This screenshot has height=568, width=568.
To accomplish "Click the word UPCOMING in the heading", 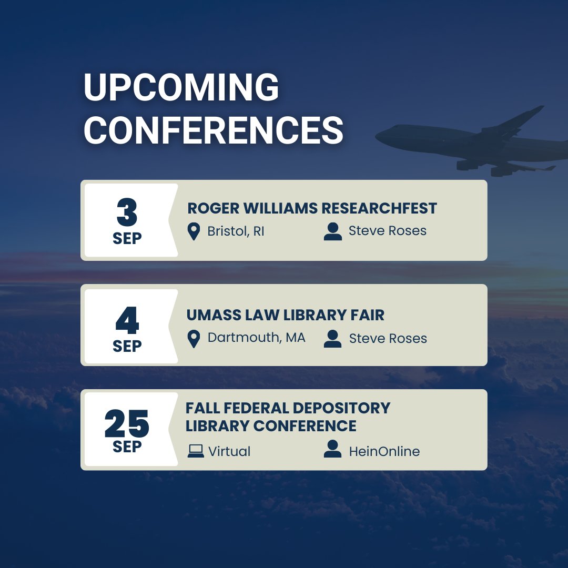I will [x=181, y=88].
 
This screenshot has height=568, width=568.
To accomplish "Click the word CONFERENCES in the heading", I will [x=214, y=130].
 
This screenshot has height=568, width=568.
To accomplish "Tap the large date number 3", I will [x=127, y=213].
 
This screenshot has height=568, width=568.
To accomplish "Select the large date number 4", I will [x=127, y=320].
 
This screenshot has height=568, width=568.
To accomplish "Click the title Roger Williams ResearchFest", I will [x=312, y=208].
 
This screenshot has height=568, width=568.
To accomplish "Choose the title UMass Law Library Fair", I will [x=286, y=315].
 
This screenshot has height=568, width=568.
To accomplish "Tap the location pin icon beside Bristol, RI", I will [x=194, y=231].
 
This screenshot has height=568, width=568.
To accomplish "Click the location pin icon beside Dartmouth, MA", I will [x=194, y=339].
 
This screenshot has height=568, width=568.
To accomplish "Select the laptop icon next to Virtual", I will [x=196, y=451].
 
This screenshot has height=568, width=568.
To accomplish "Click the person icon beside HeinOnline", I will [x=332, y=449].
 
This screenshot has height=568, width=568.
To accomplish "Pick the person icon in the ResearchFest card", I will [x=332, y=231].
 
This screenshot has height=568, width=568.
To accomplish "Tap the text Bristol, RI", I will [x=236, y=231].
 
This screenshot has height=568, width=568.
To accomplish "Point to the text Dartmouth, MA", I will [x=256, y=338].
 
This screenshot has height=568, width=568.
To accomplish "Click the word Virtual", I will [x=229, y=451].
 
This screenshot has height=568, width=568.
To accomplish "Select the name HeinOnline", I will [x=384, y=451].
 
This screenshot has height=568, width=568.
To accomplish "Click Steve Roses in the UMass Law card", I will [x=388, y=339].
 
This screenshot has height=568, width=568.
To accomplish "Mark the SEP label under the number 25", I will [x=127, y=447].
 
